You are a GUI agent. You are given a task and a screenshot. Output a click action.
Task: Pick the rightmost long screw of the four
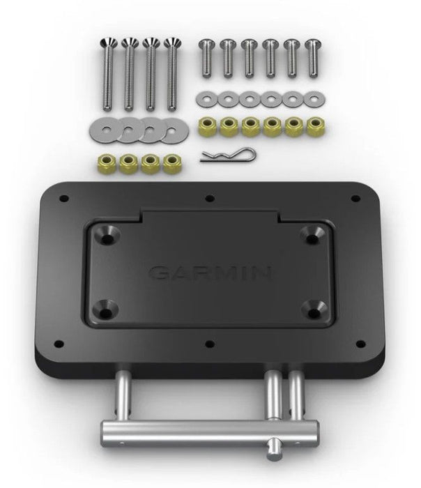(x=171, y=73)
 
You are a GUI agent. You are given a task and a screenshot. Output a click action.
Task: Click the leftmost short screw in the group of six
(x=205, y=59)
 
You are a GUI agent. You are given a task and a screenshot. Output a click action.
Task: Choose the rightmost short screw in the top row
(x=311, y=59)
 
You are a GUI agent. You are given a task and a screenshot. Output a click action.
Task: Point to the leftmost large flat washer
(x=102, y=128)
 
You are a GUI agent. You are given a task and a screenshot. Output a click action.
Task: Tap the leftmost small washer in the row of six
(x=205, y=100)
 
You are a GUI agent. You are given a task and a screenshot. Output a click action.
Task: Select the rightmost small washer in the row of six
(x=311, y=100)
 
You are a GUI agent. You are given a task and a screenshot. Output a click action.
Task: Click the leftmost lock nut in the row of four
(x=107, y=163)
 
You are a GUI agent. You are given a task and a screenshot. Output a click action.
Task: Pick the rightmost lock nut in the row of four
(x=170, y=163)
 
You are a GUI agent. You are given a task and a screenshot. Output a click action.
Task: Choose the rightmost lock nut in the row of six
(x=312, y=127)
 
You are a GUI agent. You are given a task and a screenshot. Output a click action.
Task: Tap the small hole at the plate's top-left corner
(x=64, y=199)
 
